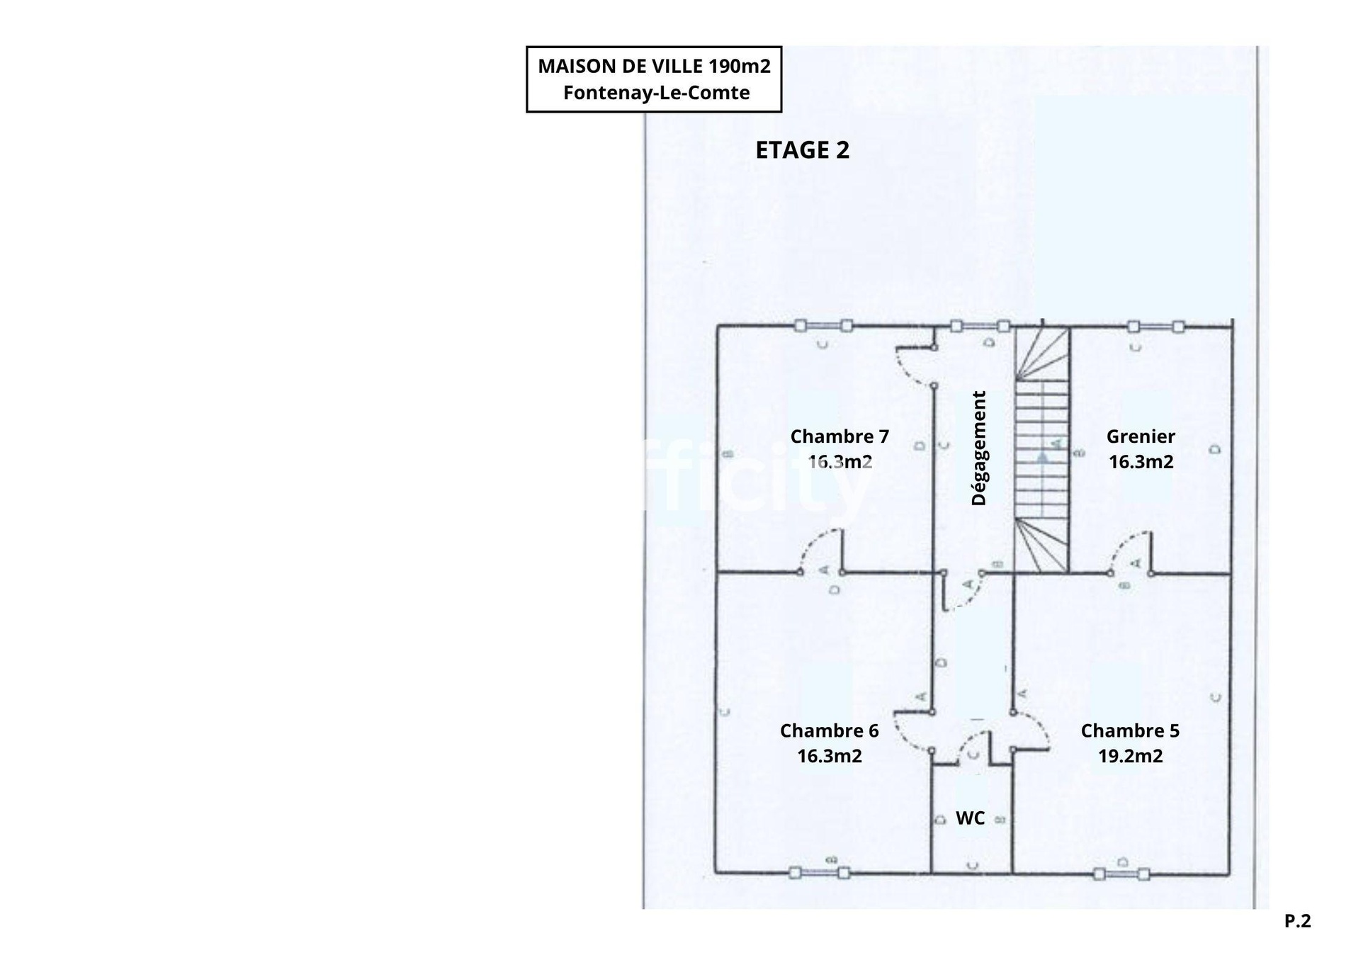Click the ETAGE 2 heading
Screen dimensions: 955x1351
pos(802,150)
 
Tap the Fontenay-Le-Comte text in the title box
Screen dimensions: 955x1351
pos(656,93)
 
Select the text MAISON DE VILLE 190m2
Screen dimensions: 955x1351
pos(653,66)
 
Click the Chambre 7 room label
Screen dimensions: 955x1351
pos(839,436)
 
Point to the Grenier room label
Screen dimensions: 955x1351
pos(1140,436)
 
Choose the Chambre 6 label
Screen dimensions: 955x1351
pos(829,730)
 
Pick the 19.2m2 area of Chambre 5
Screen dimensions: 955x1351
pos(1130,756)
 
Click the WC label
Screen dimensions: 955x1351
pos(969,818)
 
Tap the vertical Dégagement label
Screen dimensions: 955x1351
pos(978,448)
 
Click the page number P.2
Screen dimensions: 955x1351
pos(1297,921)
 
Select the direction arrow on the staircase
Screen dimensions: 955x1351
pos(1042,458)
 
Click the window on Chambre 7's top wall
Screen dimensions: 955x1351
pos(823,326)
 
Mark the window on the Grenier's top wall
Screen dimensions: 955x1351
pos(1155,327)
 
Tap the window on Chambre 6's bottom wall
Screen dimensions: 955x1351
pos(819,874)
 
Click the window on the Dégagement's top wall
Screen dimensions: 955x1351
pos(979,326)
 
